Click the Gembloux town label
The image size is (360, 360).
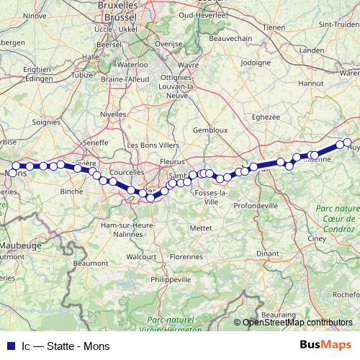pos(210,130)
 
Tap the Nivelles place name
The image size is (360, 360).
pos(113,114)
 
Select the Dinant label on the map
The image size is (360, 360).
pos(268,253)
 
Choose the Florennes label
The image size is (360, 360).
pos(186,256)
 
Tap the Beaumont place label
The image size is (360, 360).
pos(91,264)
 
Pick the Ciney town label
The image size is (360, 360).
pos(318,238)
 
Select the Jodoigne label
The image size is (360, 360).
pos(255,63)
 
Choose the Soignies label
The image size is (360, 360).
pos(47,122)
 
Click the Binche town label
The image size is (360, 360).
pos(71,192)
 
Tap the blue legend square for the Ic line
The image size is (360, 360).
pos(9,346)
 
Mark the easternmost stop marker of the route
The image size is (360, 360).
pos(348,143)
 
